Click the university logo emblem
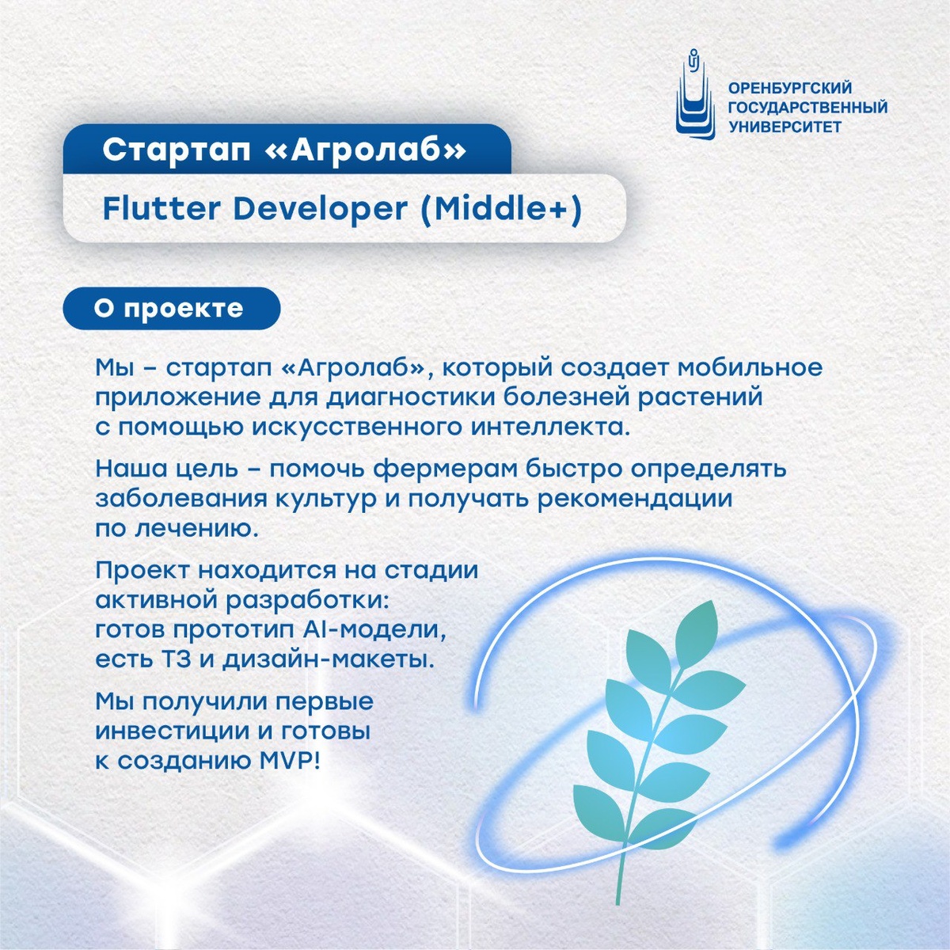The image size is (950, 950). pos(695,94)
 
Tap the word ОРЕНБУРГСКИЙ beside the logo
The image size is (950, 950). pos(790,88)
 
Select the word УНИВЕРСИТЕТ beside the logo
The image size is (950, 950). pos(785,127)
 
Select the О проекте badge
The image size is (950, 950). pos(172,309)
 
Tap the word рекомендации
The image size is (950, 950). pos(634,499)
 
